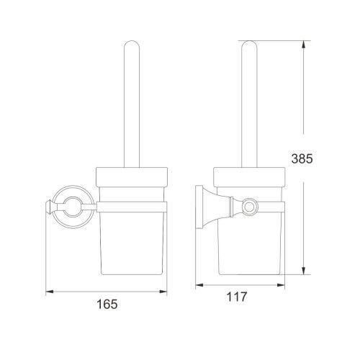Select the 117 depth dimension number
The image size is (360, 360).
[239, 296]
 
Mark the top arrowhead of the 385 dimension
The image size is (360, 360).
[304, 42]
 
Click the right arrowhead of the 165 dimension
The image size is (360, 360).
[165, 292]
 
